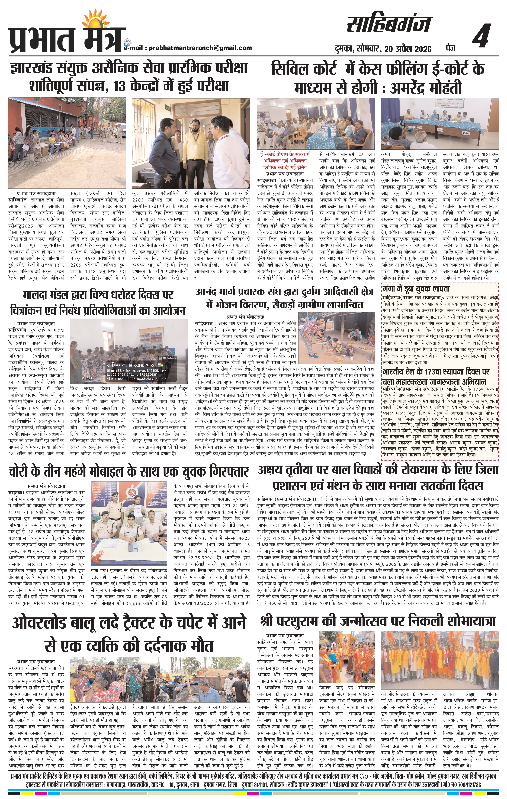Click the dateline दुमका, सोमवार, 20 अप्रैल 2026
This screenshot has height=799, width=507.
click(x=383, y=49)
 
